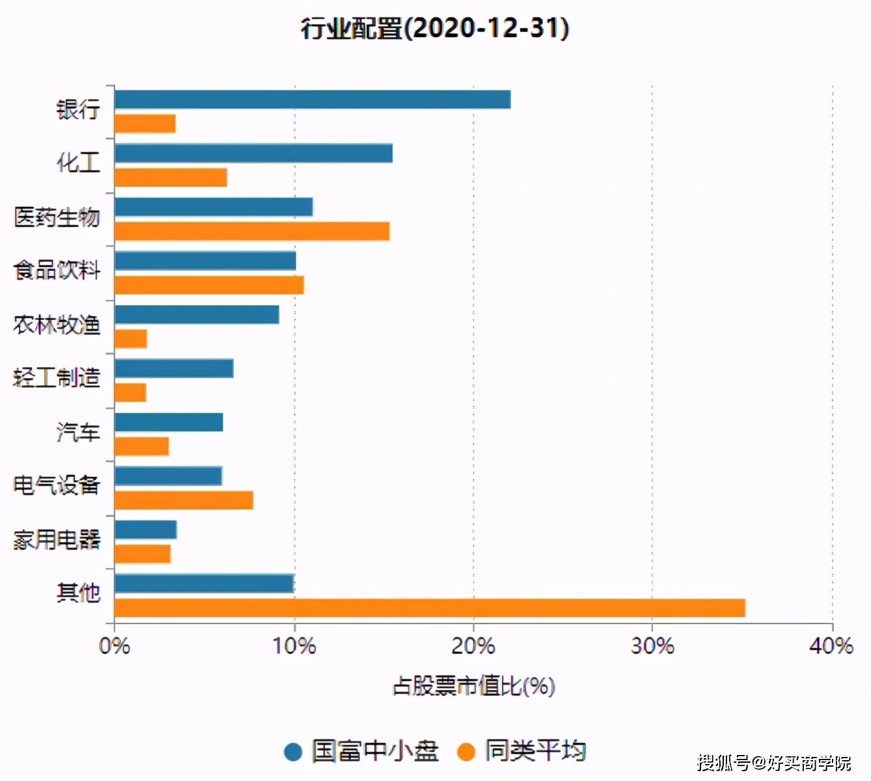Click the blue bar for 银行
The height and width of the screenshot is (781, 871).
point(312,100)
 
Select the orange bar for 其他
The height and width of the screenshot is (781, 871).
point(430,608)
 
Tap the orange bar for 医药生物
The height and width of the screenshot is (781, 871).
point(253,231)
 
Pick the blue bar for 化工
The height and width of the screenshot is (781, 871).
point(254,154)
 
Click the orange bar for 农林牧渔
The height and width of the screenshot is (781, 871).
point(131,338)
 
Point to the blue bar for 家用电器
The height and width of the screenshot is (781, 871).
point(146,530)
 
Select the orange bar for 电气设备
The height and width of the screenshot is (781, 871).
point(184,500)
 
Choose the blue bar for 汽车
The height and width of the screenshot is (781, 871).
point(169,422)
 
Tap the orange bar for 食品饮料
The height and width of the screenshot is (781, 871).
point(210,285)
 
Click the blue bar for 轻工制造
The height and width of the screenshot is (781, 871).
point(174,368)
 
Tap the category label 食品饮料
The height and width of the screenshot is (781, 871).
point(57,271)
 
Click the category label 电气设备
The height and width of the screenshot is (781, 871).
point(57,486)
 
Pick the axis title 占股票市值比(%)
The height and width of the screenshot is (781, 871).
point(474,686)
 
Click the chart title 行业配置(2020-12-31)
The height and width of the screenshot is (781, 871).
point(435,29)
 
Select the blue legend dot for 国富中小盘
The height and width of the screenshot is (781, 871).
point(293,752)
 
